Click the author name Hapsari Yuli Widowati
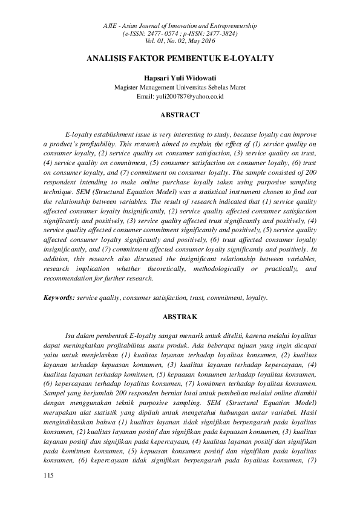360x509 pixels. click(x=180, y=79)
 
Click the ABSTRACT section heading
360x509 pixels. click(x=180, y=114)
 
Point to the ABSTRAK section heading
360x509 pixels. click(x=180, y=316)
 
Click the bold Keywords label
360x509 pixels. click(x=59, y=298)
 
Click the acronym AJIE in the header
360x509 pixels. click(x=111, y=27)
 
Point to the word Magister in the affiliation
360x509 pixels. click(x=129, y=87)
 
